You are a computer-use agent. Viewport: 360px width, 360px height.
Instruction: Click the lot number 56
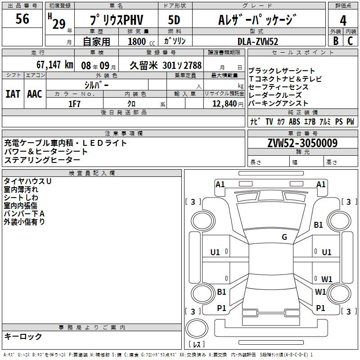tap(22, 19)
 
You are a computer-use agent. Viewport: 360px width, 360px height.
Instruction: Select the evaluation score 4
tap(343, 20)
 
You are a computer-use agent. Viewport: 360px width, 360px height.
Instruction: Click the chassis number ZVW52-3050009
tap(302, 144)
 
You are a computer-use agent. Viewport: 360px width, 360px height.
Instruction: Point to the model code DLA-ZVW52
tap(258, 41)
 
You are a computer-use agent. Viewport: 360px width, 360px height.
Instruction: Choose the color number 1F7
tap(74, 103)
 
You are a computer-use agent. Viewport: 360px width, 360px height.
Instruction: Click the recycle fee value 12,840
tap(224, 103)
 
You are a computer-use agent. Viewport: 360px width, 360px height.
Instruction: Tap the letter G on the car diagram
tap(284, 237)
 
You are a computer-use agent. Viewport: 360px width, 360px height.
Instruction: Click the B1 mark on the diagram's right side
tap(319, 225)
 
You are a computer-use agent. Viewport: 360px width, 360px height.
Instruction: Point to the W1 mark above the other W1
tap(327, 279)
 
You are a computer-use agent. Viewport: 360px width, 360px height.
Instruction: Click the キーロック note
tap(23, 336)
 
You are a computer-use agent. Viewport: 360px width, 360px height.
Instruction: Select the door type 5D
tap(174, 20)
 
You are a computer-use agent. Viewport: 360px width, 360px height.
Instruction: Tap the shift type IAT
tap(13, 94)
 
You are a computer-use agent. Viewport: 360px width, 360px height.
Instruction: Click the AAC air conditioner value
tap(34, 94)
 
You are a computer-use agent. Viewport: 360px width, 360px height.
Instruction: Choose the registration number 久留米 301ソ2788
tap(166, 65)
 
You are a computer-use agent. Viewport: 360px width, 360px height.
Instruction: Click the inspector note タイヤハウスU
tap(27, 181)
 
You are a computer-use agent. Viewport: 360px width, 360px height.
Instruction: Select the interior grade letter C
tap(350, 41)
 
